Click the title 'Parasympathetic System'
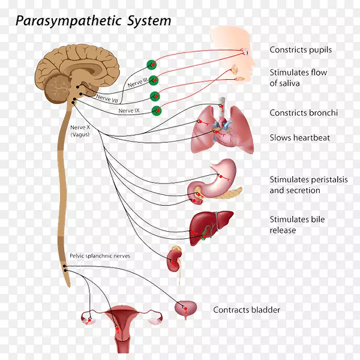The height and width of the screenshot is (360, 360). pyautogui.click(x=93, y=21)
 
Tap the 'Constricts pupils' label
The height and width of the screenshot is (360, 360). pyautogui.click(x=301, y=50)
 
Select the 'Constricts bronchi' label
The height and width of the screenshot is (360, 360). pyautogui.click(x=304, y=113)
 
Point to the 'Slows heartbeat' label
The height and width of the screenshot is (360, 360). pyautogui.click(x=299, y=137)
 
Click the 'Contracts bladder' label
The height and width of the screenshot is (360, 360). pyautogui.click(x=247, y=310)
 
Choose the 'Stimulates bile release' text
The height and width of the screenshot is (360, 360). pyautogui.click(x=297, y=225)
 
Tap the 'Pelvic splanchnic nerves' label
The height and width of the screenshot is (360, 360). pyautogui.click(x=100, y=256)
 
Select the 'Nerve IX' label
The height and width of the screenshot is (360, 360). pyautogui.click(x=130, y=110)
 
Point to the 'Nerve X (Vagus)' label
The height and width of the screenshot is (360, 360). pyautogui.click(x=79, y=131)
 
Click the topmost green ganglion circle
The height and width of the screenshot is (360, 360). pyautogui.click(x=152, y=65)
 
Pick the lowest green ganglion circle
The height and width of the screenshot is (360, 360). pyautogui.click(x=157, y=110)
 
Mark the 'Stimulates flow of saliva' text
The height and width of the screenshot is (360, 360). pyautogui.click(x=298, y=78)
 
